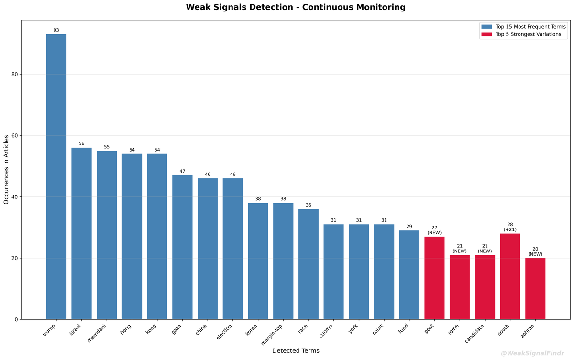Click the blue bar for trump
(x=56, y=177)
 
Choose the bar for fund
(x=409, y=275)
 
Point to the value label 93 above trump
(x=56, y=30)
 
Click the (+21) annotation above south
(x=510, y=230)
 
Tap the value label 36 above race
(x=309, y=205)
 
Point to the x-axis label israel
(x=75, y=330)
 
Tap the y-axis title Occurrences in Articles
(x=6, y=170)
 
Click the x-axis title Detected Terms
(x=296, y=351)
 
